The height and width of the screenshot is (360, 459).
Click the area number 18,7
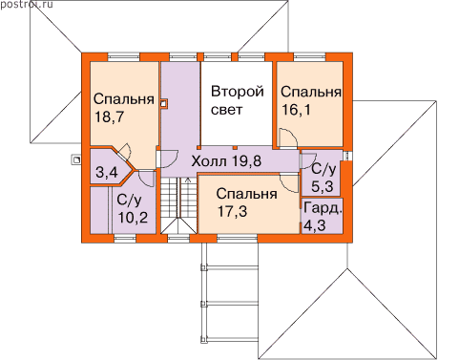(109, 117)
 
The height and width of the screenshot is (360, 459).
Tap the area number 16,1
(296, 110)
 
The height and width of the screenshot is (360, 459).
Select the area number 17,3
(232, 211)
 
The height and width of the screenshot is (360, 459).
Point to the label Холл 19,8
(226, 161)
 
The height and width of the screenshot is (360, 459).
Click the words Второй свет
(238, 100)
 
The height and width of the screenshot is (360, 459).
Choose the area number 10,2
(133, 218)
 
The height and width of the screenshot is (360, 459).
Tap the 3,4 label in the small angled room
(107, 173)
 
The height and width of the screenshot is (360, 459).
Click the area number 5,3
(323, 186)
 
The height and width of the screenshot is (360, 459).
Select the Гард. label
(323, 208)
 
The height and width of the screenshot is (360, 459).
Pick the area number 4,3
(315, 226)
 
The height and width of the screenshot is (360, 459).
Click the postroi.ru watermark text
(27, 5)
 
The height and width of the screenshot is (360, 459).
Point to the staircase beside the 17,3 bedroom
(178, 206)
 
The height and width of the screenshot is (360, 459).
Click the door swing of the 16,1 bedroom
(288, 138)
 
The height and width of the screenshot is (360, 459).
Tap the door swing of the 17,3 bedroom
(289, 182)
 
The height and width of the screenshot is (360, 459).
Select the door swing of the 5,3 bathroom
(308, 160)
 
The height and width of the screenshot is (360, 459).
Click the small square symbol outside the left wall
(76, 159)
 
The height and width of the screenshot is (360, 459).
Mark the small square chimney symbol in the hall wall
(163, 104)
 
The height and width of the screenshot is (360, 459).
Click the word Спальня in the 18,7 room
(124, 99)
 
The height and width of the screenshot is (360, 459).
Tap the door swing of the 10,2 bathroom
(146, 179)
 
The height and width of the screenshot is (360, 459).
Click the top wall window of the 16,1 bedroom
(309, 56)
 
